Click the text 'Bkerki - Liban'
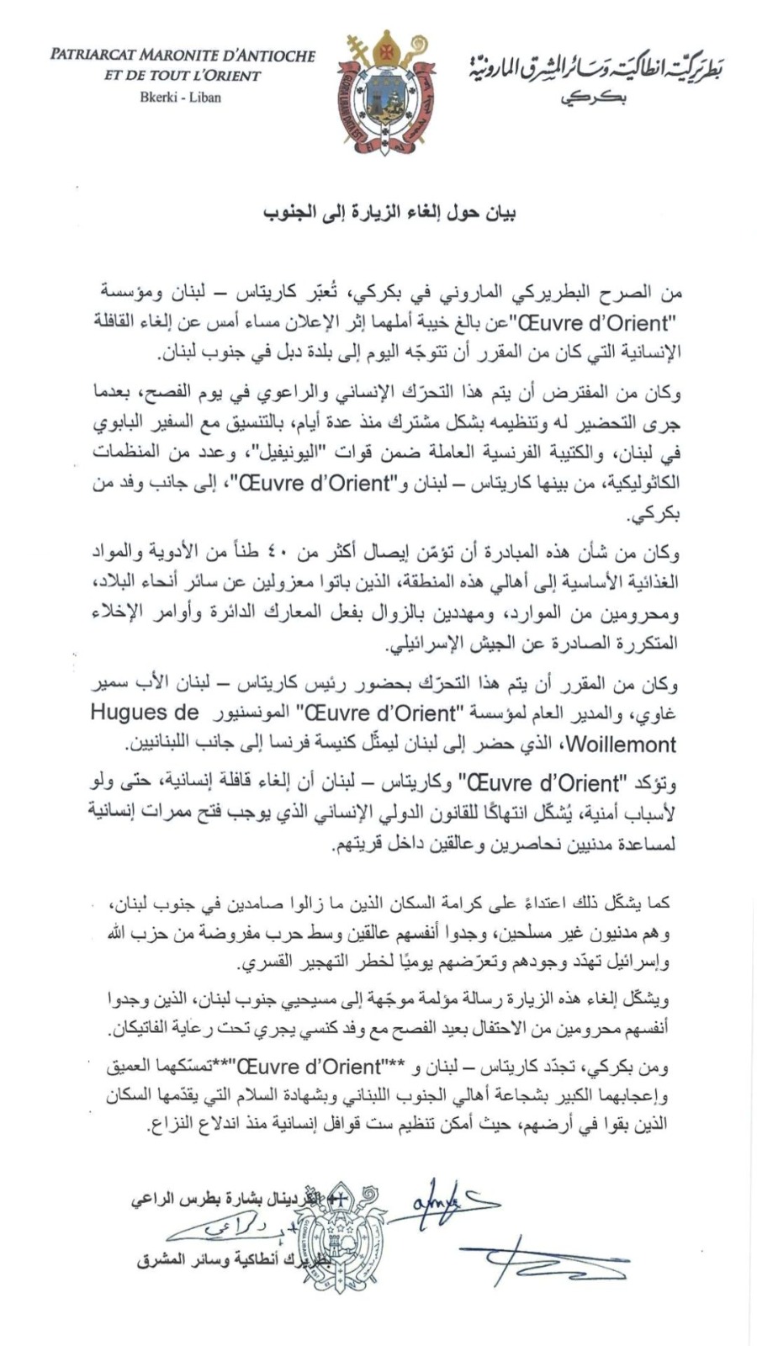point(181,97)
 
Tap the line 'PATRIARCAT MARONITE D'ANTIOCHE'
point(183,56)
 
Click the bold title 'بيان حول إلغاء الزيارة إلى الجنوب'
point(388,213)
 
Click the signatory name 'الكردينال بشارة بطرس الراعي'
point(227,1199)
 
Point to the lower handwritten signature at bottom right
point(538,1258)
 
